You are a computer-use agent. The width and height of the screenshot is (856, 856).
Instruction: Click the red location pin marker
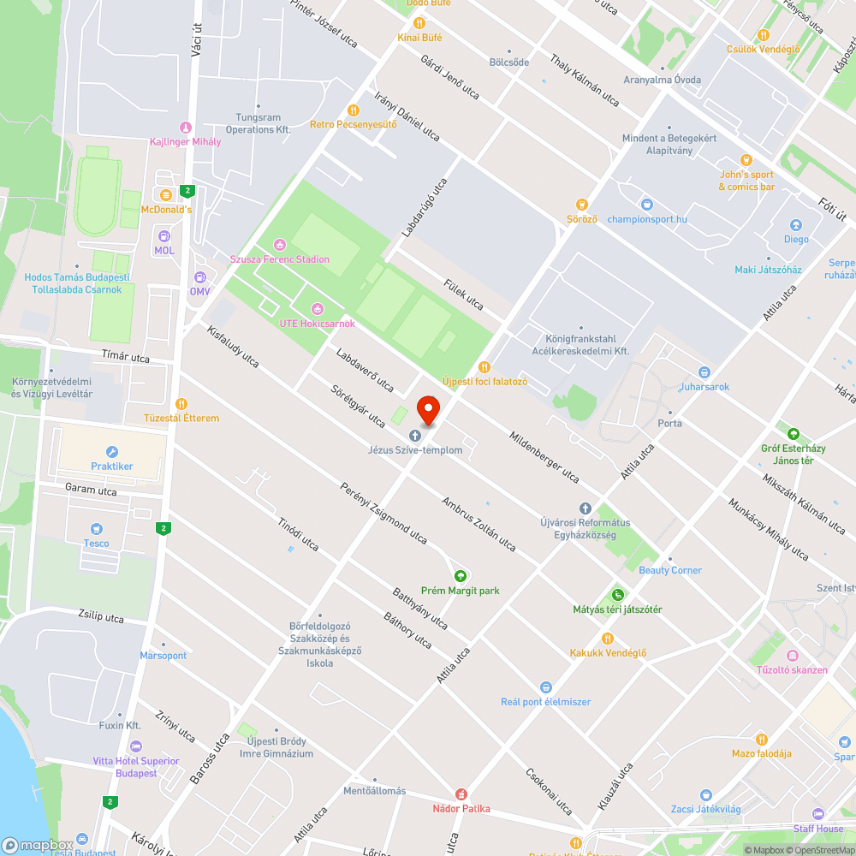(x=427, y=409)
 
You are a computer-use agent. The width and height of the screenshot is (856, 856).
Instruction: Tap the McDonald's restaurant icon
(x=165, y=195)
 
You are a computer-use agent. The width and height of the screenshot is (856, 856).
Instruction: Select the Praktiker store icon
(x=112, y=452)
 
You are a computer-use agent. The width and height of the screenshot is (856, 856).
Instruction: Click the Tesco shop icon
(x=96, y=529)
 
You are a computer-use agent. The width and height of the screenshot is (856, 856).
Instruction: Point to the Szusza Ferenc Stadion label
(x=279, y=259)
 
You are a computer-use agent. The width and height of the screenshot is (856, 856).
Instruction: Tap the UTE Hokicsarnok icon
(x=317, y=309)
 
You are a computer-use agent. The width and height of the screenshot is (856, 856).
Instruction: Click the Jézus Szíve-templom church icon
(x=415, y=436)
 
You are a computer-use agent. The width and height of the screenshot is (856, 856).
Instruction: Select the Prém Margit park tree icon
(x=461, y=576)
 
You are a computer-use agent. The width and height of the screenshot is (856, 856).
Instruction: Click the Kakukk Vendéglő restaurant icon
(x=608, y=639)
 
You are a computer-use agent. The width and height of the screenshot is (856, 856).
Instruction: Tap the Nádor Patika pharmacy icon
(x=461, y=794)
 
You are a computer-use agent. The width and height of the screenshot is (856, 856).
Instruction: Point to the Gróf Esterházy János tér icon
(x=793, y=434)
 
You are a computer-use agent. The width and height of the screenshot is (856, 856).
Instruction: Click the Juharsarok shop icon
(x=704, y=372)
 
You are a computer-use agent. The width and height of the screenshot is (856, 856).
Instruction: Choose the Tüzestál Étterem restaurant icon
(x=181, y=404)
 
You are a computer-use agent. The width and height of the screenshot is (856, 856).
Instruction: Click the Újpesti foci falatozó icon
(x=484, y=366)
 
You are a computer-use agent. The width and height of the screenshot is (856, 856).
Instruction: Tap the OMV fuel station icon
(x=200, y=277)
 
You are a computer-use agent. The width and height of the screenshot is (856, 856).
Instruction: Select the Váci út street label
(x=196, y=41)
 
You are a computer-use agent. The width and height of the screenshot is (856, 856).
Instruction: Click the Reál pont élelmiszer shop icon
(x=546, y=687)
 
